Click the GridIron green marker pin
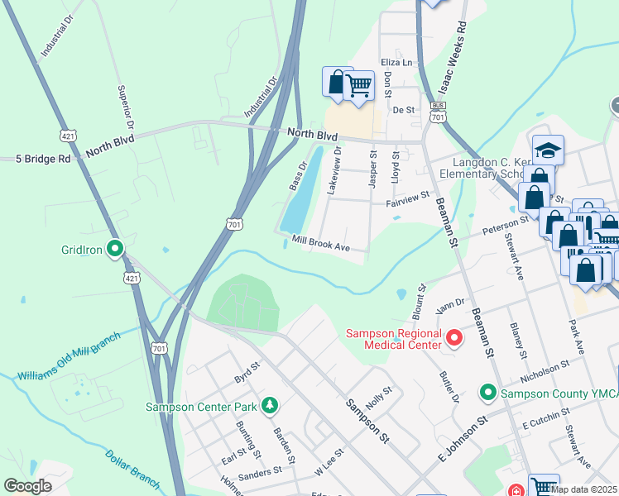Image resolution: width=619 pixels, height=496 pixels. [x=117, y=247]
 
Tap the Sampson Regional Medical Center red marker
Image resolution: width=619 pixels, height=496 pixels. [x=453, y=338]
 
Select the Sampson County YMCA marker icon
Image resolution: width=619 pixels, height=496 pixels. [x=488, y=393]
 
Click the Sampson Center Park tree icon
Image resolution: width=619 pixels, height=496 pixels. [x=269, y=406]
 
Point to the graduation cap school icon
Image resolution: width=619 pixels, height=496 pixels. [x=548, y=150]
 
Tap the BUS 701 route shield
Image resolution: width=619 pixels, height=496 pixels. [x=438, y=113]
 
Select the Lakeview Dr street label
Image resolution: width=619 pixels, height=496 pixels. [x=333, y=171]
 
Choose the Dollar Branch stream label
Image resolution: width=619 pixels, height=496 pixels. [x=133, y=467]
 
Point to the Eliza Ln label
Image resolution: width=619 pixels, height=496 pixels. [x=396, y=63]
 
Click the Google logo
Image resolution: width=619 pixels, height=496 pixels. [x=27, y=486]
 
